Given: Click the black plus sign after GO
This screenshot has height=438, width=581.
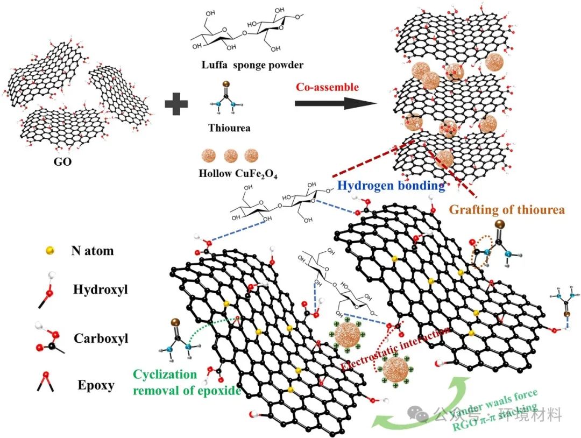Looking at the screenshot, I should click(x=176, y=103).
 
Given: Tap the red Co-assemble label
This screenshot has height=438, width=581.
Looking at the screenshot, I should click(x=327, y=86).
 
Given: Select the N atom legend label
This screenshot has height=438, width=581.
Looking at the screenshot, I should click(x=92, y=250).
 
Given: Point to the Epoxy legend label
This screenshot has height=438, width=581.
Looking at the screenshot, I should click(x=95, y=385).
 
